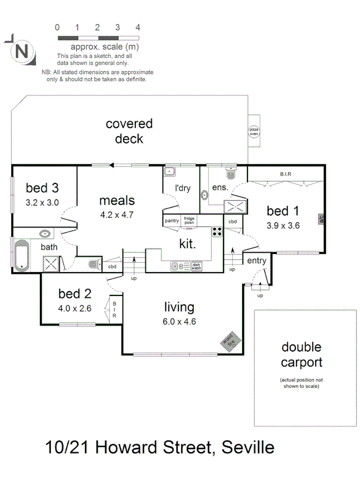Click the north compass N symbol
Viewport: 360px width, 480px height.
(x=21, y=52)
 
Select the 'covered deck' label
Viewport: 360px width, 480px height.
(x=129, y=131)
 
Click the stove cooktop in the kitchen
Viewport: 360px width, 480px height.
(x=218, y=231)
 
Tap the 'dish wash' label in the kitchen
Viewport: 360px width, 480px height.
(x=197, y=265)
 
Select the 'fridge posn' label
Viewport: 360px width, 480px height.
(x=189, y=220)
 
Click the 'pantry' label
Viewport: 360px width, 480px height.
(x=172, y=220)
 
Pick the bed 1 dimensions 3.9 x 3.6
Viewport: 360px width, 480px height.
(x=283, y=225)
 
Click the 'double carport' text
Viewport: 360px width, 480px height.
(x=301, y=355)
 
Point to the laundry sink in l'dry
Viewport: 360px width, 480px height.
(x=169, y=172)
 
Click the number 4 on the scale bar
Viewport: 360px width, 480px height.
(x=138, y=27)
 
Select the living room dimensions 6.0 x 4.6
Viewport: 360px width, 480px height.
(x=179, y=321)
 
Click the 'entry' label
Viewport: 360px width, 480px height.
(x=257, y=260)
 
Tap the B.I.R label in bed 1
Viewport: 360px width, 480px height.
(x=285, y=174)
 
